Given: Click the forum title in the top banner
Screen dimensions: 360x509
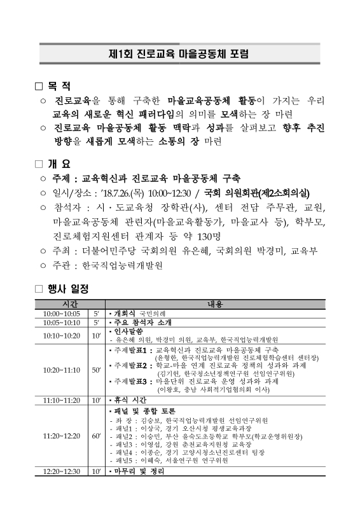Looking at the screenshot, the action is [x=179, y=53].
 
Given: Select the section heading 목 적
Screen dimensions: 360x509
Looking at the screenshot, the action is [x=59, y=85].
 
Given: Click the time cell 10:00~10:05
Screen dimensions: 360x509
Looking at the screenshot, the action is [x=62, y=314].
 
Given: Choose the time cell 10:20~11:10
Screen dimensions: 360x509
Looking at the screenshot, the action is [x=62, y=370].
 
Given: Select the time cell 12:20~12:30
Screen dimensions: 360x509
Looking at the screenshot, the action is [x=62, y=490].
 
